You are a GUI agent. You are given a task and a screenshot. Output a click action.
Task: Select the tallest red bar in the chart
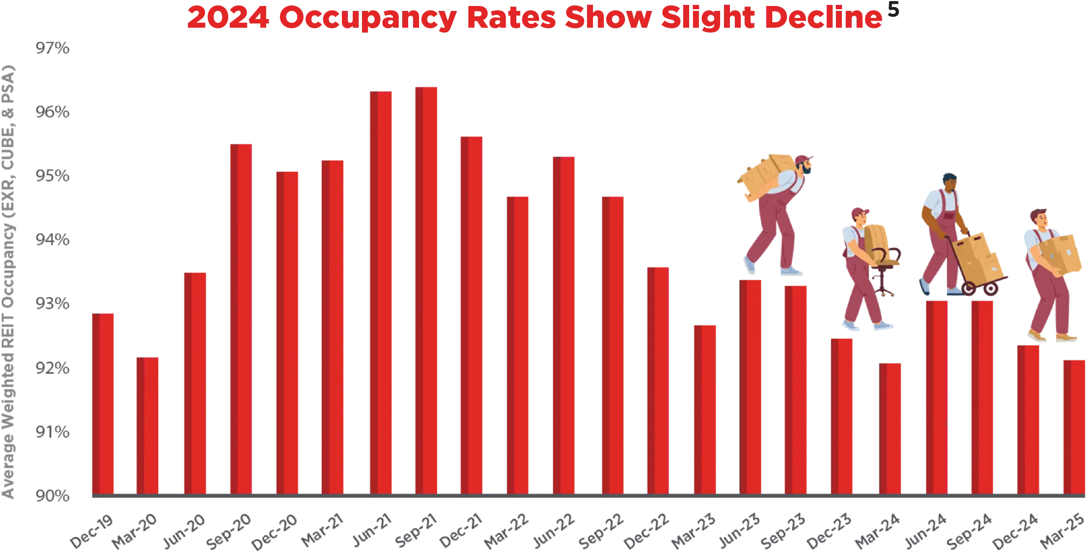tap(426, 288)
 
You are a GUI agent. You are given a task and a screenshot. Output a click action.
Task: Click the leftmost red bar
tap(103, 402)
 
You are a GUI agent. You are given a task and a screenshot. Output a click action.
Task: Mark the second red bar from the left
tap(147, 424)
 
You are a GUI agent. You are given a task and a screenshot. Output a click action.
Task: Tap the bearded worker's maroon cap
tap(804, 159)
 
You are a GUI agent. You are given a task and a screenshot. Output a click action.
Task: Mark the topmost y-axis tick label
tap(52, 49)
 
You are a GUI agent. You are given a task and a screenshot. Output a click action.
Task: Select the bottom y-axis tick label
tap(52, 494)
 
